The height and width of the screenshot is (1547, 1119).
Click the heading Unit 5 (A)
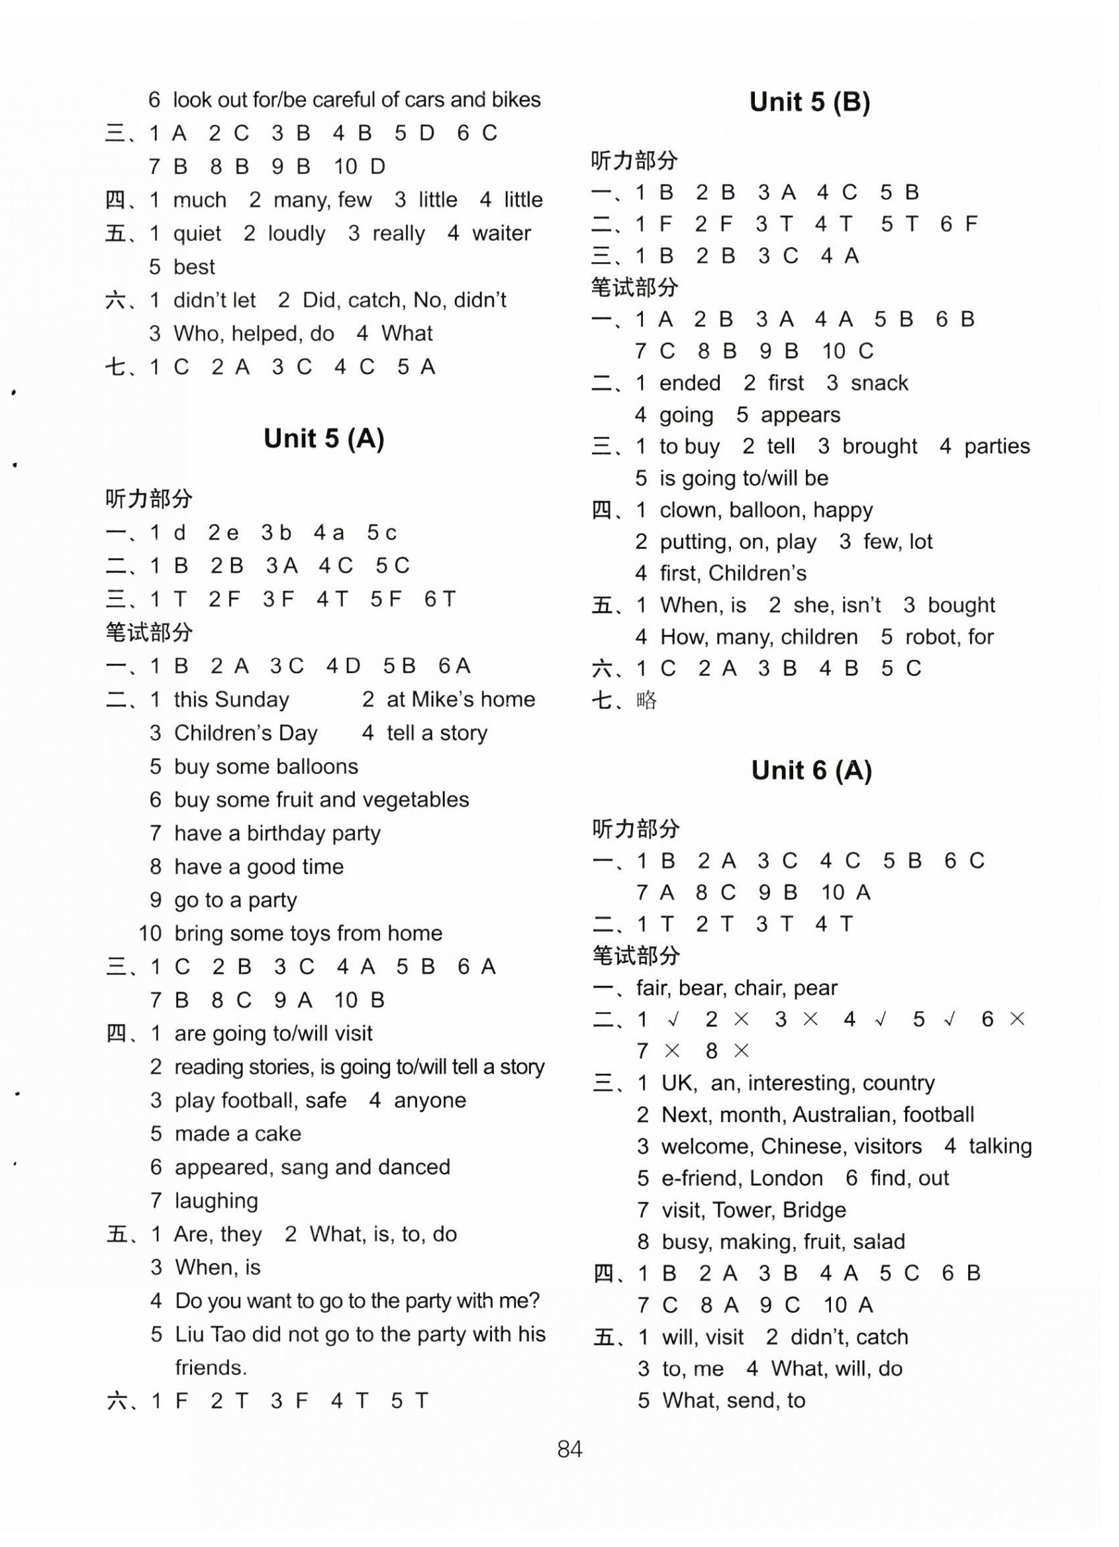(x=324, y=439)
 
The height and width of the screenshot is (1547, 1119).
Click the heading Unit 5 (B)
(x=809, y=103)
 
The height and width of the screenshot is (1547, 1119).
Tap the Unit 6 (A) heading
(x=811, y=771)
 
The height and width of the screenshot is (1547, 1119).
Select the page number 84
(x=569, y=1448)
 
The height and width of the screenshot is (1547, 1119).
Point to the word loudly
(x=296, y=233)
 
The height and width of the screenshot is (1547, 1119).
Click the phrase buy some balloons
(x=266, y=766)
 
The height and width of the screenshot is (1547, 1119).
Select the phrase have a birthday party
(x=277, y=833)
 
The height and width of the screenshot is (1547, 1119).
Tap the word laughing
(x=217, y=1200)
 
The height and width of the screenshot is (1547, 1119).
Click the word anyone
(x=430, y=1100)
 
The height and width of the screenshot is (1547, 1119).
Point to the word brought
(x=879, y=446)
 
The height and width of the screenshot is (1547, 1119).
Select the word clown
(x=689, y=510)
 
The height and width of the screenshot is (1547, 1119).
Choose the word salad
(x=878, y=1241)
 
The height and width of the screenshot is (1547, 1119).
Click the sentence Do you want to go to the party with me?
(x=357, y=1300)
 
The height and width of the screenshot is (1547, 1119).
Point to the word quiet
(x=197, y=233)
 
